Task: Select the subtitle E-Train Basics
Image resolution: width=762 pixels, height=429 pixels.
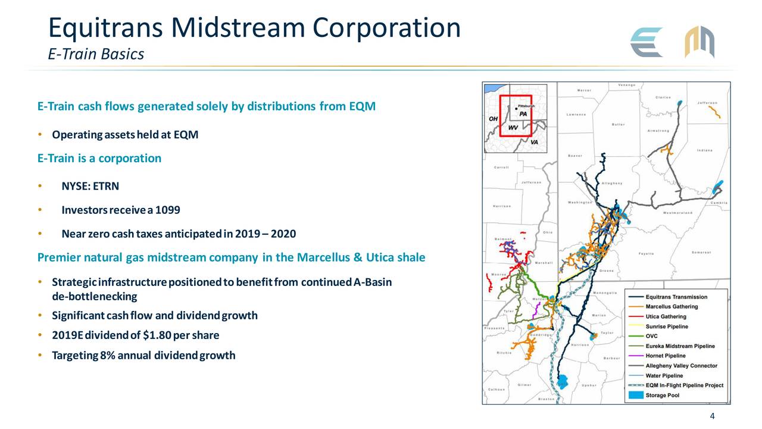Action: pyautogui.click(x=96, y=54)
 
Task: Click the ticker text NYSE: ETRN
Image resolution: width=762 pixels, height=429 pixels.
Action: pyautogui.click(x=90, y=186)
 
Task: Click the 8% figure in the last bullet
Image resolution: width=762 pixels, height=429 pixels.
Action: pyautogui.click(x=108, y=356)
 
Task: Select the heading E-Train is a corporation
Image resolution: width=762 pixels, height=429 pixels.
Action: pyautogui.click(x=99, y=158)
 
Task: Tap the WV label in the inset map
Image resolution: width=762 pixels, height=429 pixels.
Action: pyautogui.click(x=511, y=127)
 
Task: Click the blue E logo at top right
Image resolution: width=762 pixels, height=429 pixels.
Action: pyautogui.click(x=647, y=42)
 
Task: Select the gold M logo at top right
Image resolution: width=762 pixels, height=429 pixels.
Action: pyautogui.click(x=699, y=42)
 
